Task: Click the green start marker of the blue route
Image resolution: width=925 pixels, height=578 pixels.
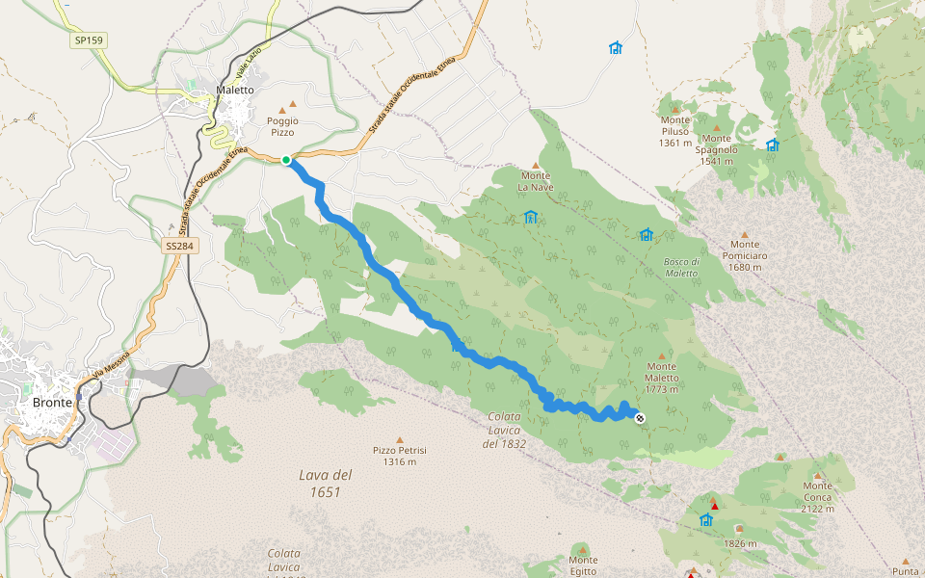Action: [286, 160]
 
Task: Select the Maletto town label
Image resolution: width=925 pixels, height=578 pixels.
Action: [235, 90]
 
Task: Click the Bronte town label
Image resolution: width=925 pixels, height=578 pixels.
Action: [51, 402]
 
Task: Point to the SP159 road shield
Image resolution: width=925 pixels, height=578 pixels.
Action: [89, 40]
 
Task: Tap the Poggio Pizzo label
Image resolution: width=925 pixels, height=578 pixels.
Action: [282, 126]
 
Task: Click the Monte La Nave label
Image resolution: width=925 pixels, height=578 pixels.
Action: [536, 181]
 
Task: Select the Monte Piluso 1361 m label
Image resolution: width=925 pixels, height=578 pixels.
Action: [675, 132]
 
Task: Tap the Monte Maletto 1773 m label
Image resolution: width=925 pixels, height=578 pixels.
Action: [662, 372]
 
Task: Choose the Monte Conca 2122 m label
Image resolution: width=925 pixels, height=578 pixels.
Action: [817, 496]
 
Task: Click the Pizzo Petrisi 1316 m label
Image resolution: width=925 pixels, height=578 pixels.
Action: [400, 456]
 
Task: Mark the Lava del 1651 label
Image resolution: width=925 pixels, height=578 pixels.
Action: [325, 483]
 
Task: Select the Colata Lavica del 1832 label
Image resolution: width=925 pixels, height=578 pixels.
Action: [502, 430]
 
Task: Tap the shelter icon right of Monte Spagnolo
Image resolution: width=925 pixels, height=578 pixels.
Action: [772, 145]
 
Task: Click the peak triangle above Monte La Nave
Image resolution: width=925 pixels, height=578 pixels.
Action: [536, 166]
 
